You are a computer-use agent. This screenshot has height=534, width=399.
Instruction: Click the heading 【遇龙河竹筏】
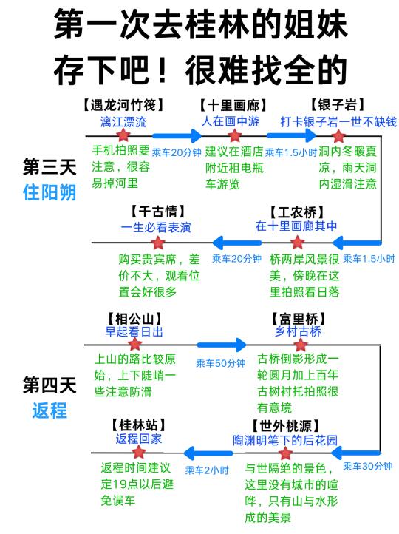(123, 105)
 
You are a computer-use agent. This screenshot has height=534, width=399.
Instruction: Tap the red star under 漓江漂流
(123, 135)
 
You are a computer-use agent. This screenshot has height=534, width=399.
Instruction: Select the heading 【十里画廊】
(233, 105)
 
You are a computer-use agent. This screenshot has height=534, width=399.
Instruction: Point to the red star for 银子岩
(338, 136)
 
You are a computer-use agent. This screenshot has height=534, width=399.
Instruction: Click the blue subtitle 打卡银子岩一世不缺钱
(338, 121)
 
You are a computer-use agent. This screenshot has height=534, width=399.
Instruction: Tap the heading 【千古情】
(158, 212)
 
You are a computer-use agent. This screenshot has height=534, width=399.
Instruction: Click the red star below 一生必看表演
(158, 243)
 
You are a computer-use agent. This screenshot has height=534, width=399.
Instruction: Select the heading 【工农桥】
(296, 212)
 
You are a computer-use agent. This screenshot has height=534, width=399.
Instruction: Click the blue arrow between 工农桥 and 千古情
(237, 243)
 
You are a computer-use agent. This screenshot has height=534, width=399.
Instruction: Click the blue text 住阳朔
(50, 192)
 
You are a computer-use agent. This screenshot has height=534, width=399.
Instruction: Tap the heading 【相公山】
(134, 319)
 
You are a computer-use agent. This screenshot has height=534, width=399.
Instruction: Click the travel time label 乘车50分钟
(220, 363)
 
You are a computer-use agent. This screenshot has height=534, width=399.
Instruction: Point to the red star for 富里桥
(301, 345)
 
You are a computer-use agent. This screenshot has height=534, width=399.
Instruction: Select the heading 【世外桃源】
(285, 426)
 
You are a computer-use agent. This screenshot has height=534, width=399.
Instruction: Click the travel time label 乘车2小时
(207, 470)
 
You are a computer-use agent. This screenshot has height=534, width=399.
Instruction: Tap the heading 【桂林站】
(138, 425)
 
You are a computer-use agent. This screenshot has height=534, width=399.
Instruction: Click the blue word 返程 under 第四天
(50, 410)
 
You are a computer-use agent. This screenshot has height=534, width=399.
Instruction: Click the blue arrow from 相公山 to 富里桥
(222, 345)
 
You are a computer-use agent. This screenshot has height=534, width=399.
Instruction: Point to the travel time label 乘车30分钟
(368, 466)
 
